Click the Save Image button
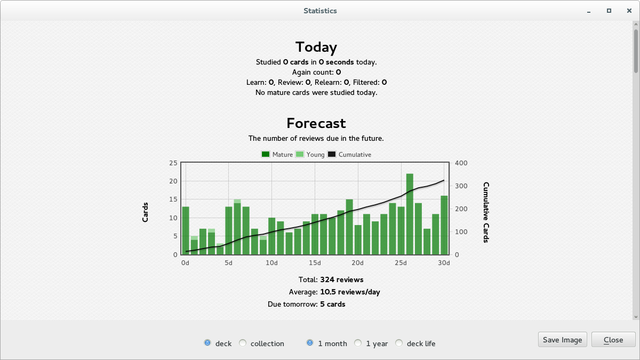[562, 340]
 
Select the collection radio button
[243, 343]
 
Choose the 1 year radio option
[358, 343]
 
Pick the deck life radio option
[399, 343]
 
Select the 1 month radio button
[310, 343]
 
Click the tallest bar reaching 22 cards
[410, 214]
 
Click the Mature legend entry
[277, 155]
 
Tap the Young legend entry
[310, 155]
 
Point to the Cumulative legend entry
[349, 155]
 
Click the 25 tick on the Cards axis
[173, 163]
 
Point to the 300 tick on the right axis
[461, 186]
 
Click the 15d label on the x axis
[315, 263]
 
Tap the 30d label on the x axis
[444, 263]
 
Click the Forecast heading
[316, 123]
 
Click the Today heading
[316, 47]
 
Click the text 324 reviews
[342, 279]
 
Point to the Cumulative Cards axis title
[486, 212]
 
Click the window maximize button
[609, 11]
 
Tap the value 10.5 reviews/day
[350, 292]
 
